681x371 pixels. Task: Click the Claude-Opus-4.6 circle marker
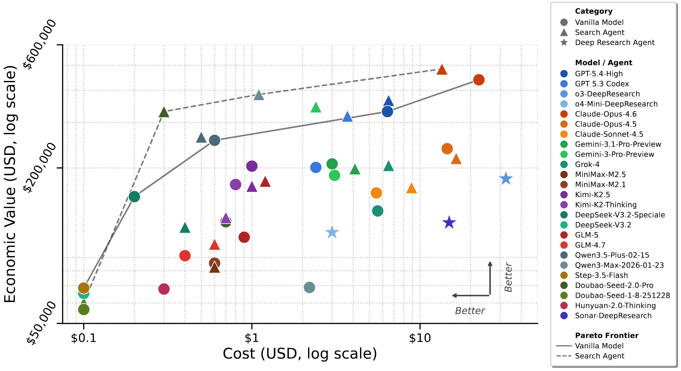pos(478,80)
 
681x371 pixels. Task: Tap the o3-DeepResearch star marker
pos(506,179)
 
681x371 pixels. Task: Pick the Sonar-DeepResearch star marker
pos(449,223)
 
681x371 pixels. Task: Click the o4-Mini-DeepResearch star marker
pos(332,232)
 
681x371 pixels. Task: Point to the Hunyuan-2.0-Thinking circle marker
pos(164,289)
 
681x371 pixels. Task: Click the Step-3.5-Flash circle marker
pos(84,288)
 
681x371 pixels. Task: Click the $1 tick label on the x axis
pos(251,338)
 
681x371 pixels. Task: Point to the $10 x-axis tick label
pos(420,338)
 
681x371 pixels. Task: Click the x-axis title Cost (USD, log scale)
pos(300,354)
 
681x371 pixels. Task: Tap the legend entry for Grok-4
pos(587,164)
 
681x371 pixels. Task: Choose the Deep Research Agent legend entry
pos(614,43)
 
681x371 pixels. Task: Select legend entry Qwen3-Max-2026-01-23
pos(619,265)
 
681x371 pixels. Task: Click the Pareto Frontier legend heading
pos(606,335)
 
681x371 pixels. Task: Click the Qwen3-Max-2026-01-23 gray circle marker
pos(309,287)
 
